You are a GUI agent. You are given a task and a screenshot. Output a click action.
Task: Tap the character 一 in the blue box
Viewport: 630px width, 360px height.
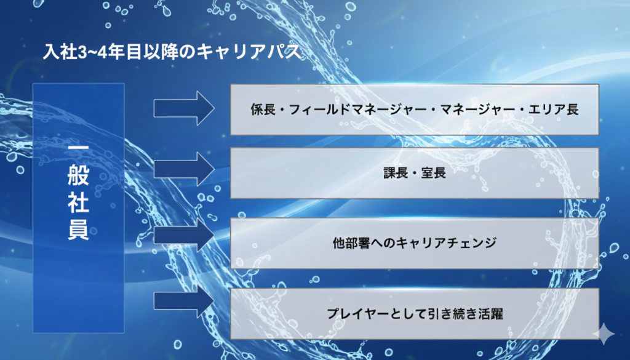[x=78, y=151]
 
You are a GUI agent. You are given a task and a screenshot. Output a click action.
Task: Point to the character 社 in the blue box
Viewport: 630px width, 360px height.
[x=78, y=204]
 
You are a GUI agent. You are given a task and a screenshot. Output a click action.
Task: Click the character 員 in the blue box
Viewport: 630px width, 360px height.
[x=78, y=231]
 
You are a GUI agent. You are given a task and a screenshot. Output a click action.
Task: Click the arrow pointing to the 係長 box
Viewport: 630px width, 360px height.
[x=183, y=110]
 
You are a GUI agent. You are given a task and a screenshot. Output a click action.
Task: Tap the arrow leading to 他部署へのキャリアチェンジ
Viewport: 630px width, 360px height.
[x=183, y=236]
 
